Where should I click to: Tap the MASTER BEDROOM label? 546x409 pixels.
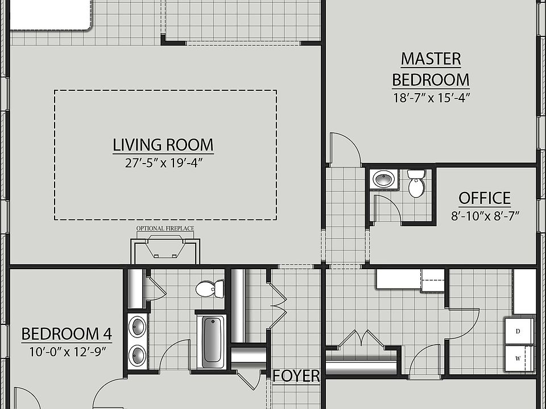pyautogui.click(x=431, y=69)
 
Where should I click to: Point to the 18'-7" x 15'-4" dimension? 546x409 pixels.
pyautogui.click(x=431, y=97)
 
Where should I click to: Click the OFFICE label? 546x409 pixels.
pyautogui.click(x=485, y=198)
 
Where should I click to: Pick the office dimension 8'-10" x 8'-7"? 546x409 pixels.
pyautogui.click(x=485, y=216)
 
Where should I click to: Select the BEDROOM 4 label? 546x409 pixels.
pyautogui.click(x=67, y=333)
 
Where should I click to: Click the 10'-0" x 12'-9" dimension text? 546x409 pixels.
pyautogui.click(x=68, y=351)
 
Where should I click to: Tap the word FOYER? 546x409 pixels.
pyautogui.click(x=296, y=376)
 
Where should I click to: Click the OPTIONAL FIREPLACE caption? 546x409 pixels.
pyautogui.click(x=165, y=229)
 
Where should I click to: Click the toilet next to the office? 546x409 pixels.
pyautogui.click(x=416, y=183)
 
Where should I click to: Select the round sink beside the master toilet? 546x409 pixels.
pyautogui.click(x=384, y=180)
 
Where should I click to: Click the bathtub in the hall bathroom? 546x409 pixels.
pyautogui.click(x=213, y=339)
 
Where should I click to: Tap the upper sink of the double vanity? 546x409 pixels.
pyautogui.click(x=137, y=327)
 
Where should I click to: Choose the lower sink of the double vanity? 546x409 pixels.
pyautogui.click(x=137, y=356)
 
